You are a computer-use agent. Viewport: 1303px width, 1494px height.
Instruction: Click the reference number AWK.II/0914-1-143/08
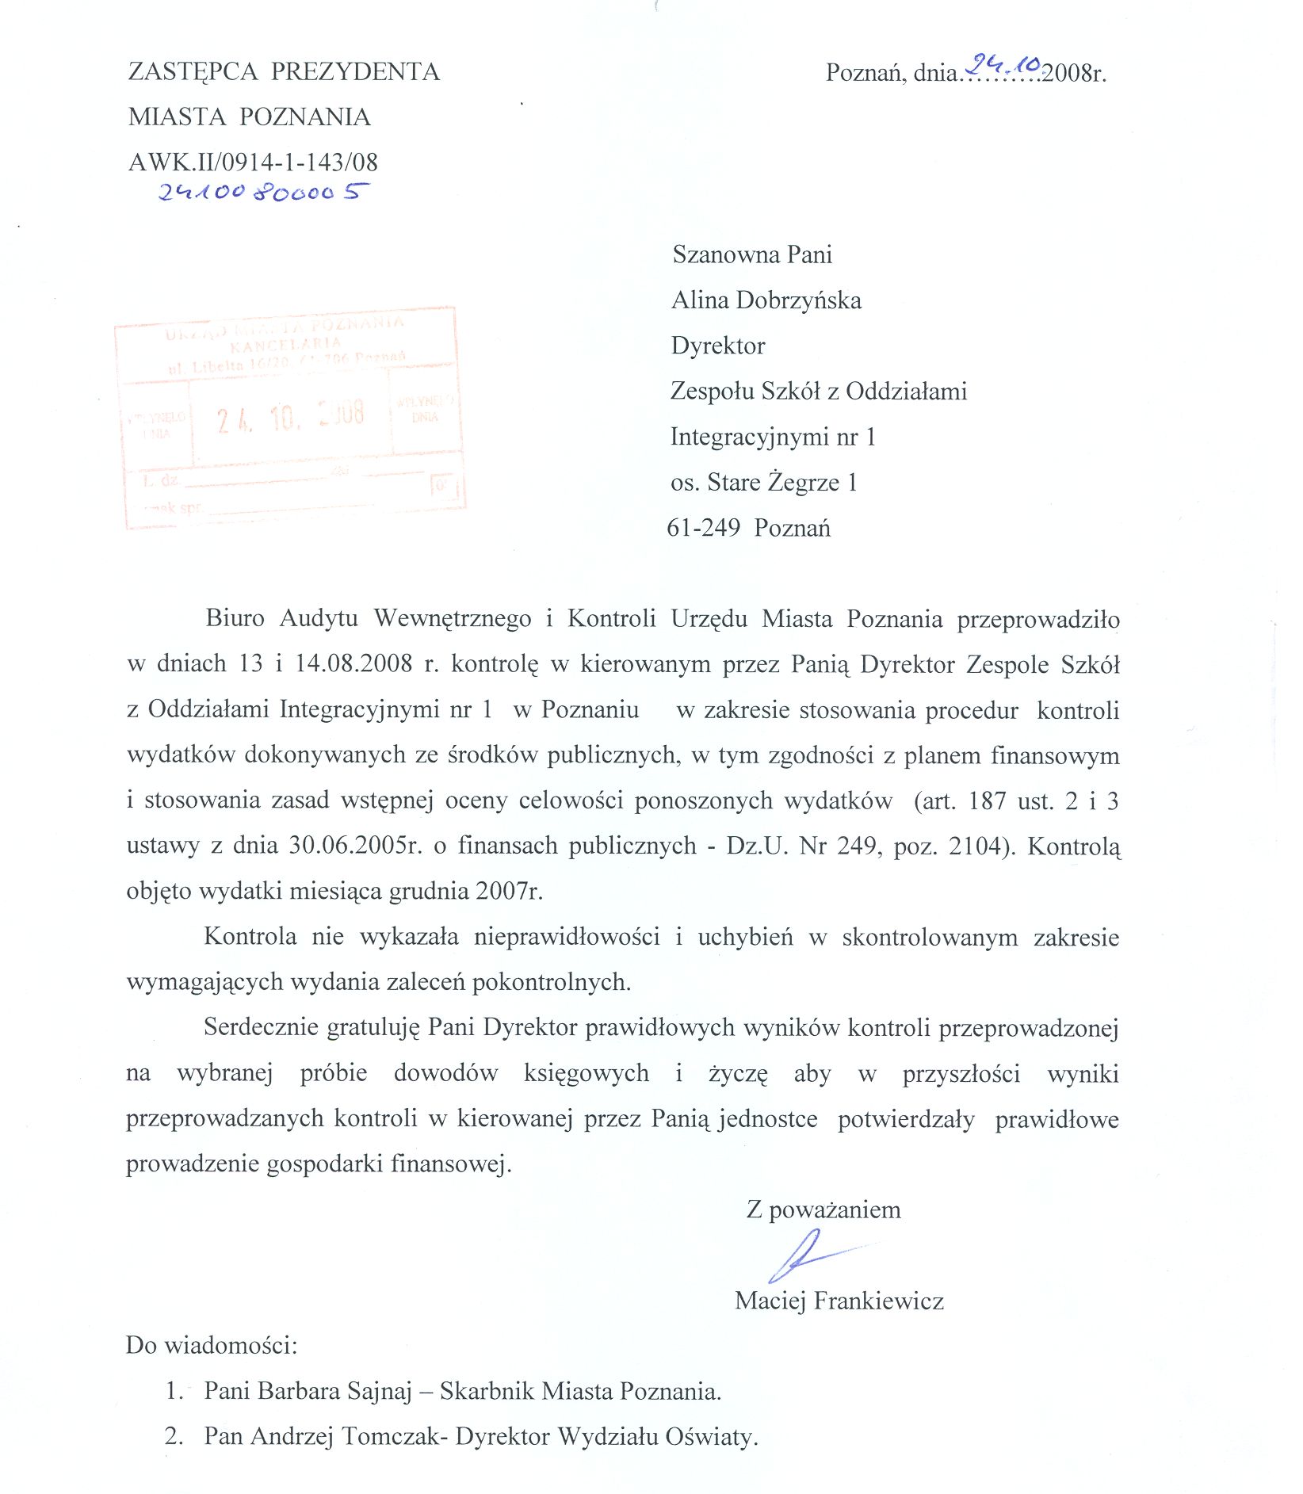(253, 162)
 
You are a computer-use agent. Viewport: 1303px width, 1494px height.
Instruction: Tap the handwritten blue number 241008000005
(264, 192)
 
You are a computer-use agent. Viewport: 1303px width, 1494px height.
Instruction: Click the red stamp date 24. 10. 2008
(291, 415)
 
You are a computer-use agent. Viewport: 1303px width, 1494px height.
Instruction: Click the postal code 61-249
(704, 528)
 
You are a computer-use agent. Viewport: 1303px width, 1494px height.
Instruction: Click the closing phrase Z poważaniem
(823, 1210)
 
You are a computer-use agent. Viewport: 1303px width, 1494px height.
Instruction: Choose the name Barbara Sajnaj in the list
(334, 1391)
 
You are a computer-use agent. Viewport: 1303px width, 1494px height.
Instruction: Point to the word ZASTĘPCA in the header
(193, 72)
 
